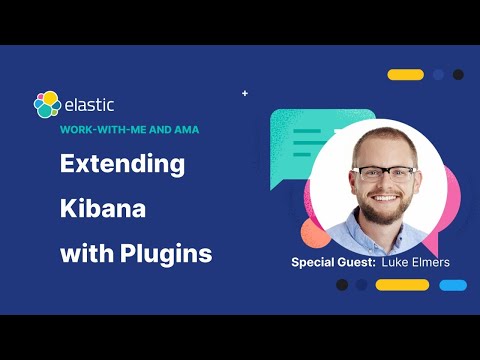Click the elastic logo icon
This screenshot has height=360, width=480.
click(x=46, y=105)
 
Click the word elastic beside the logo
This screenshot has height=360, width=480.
click(x=89, y=104)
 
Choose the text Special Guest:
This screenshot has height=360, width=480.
click(x=333, y=262)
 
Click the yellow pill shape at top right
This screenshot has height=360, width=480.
click(x=405, y=75)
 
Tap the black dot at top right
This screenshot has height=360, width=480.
click(x=458, y=75)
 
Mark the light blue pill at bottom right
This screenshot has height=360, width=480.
click(x=453, y=285)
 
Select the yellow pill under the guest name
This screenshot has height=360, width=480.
click(x=402, y=285)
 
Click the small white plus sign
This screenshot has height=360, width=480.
click(x=245, y=93)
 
